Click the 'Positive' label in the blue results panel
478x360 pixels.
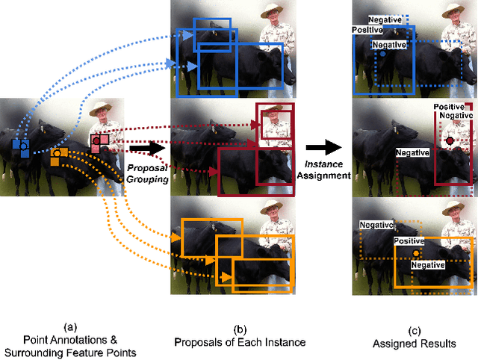pyautogui.click(x=367, y=30)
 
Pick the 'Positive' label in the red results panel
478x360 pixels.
pyautogui.click(x=450, y=108)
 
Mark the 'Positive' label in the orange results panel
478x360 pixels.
pyautogui.click(x=409, y=242)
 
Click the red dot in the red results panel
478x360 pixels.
pyautogui.click(x=450, y=140)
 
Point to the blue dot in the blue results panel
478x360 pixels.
pyautogui.click(x=382, y=55)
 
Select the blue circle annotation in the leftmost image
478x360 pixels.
pyautogui.click(x=23, y=144)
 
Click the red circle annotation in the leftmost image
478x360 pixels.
pyautogui.click(x=96, y=140)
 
